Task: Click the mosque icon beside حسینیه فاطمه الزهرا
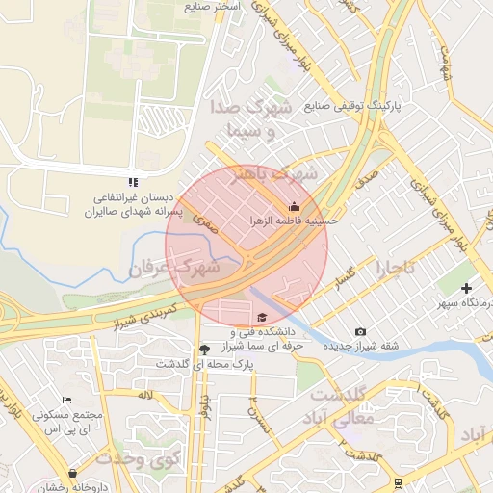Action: [x=294, y=206]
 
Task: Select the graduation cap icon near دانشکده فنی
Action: [x=262, y=317]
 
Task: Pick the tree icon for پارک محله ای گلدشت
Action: [x=203, y=349]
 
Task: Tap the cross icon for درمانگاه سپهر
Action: [x=467, y=288]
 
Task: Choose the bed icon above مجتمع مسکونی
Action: [x=66, y=400]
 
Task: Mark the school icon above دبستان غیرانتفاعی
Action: [x=134, y=181]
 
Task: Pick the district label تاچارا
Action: [x=396, y=266]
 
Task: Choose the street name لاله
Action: [x=145, y=395]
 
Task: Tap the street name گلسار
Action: [x=345, y=277]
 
